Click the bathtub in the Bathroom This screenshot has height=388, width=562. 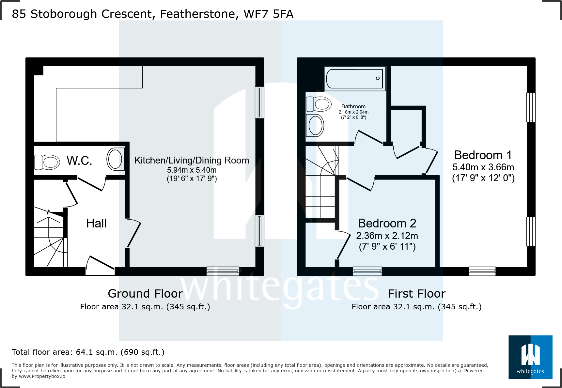pos(355,79)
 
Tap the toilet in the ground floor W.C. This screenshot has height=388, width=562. pos(47,162)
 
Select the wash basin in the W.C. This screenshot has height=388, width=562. pos(115,159)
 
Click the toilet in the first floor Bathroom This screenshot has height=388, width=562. pos(319,104)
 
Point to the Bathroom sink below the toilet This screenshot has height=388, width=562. pos(315,126)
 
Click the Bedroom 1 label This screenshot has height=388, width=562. pos(483,155)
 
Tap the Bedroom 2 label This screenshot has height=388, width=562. pos(387,223)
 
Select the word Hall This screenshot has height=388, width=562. pos(96,224)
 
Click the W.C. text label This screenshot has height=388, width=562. pos(79,161)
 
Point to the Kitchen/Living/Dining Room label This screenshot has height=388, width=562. pos(192,160)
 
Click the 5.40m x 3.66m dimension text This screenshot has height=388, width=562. pos(483,167)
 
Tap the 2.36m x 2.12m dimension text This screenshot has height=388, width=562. pos(387,236)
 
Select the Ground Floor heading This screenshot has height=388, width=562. pos(145,294)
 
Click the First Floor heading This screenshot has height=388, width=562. pos(416,294)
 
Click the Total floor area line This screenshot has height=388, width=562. pos(88,352)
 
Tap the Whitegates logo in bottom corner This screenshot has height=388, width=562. pos(530,357)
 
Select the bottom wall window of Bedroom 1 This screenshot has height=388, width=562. pos(482,271)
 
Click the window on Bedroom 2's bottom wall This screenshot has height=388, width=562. pos(367,271)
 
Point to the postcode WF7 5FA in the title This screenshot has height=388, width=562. pos(268,14)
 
